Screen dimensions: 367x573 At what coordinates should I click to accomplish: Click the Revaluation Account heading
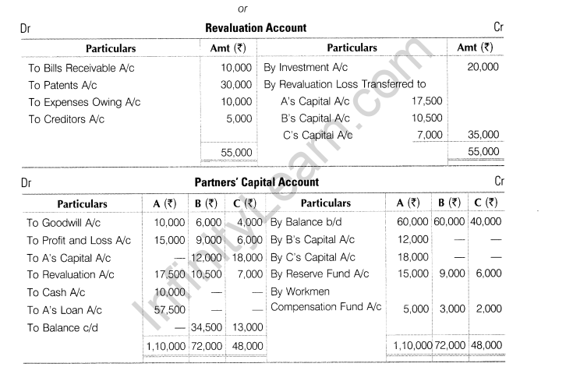[x=255, y=28]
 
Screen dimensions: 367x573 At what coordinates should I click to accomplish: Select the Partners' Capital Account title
[x=256, y=182]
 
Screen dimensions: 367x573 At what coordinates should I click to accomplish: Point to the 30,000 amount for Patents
[x=236, y=85]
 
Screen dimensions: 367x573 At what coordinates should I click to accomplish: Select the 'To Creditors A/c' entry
[x=66, y=119]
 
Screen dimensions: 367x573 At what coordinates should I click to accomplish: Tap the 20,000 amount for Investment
[x=483, y=68]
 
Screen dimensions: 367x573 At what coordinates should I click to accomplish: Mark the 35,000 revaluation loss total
[x=483, y=135]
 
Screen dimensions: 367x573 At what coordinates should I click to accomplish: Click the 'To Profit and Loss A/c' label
[x=79, y=240]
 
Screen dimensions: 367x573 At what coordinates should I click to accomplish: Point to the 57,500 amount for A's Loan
[x=160, y=310]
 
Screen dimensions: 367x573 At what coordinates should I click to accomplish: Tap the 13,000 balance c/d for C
[x=247, y=328]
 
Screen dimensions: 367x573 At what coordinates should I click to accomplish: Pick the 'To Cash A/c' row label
[x=56, y=292]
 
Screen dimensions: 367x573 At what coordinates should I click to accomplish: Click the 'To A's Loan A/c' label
[x=66, y=310]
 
